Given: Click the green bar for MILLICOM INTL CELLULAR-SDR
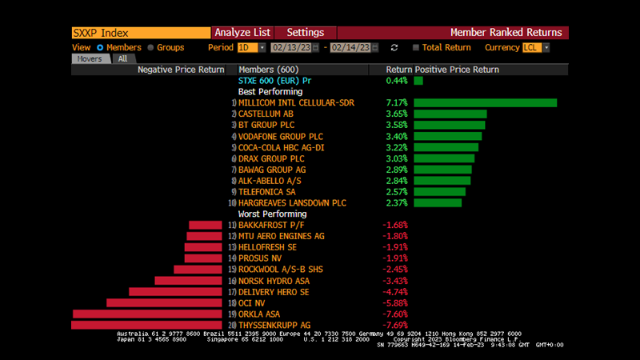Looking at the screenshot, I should [x=485, y=103].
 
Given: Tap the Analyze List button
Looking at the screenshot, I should [x=242, y=33].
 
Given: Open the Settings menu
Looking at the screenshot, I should [x=305, y=33].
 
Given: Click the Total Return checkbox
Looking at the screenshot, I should [x=416, y=48].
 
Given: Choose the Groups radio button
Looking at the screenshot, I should [x=150, y=48].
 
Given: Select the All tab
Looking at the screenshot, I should [x=122, y=58].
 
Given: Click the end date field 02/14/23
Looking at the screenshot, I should [x=350, y=48].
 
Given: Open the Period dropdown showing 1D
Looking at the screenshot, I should [x=249, y=48].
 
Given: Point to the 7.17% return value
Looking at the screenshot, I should [x=397, y=103].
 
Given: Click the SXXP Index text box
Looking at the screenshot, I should [x=140, y=33].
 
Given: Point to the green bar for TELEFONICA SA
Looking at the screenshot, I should [x=439, y=192].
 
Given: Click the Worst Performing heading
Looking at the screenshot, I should [x=273, y=214].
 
